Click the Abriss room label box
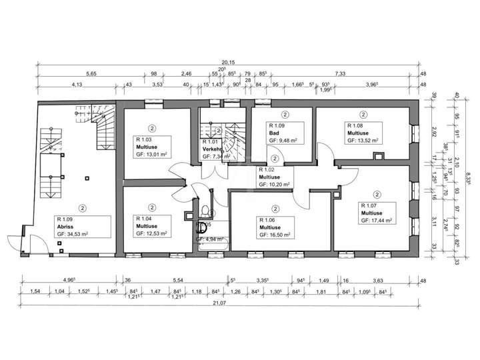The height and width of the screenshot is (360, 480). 83,227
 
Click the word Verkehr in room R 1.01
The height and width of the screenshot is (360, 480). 211,149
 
